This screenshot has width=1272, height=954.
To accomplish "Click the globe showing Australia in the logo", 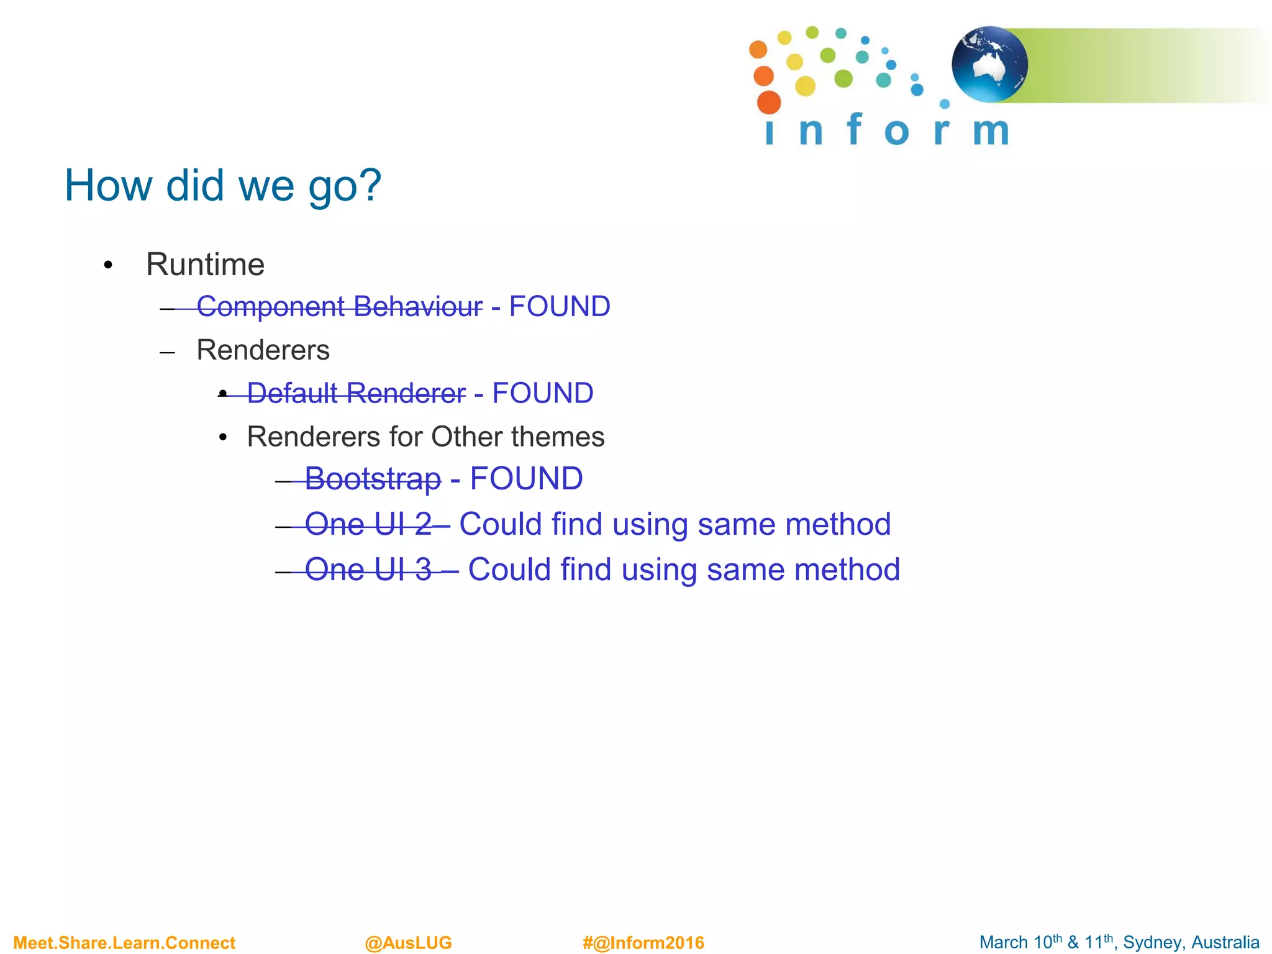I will pos(989,64).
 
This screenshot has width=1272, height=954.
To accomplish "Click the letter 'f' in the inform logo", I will pos(855,129).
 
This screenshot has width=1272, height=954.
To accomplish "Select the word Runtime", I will pos(205,265).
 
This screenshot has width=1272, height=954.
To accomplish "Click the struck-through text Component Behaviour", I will pos(339,307).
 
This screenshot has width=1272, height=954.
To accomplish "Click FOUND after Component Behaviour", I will pos(560,307).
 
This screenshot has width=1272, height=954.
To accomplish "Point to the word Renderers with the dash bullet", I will pos(263,350).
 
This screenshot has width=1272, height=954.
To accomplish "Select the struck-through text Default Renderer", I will pos(356,393).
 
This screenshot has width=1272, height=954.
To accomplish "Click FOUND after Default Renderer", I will pos(542,393).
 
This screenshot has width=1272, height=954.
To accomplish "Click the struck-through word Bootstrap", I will pos(373,479).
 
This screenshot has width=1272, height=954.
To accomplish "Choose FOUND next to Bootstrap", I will pos(526,479).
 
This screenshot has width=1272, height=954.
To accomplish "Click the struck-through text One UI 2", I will pos(368,524).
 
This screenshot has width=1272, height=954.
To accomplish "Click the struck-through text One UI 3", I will pos(368,570).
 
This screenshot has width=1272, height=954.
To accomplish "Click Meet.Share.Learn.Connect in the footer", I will pos(124,943).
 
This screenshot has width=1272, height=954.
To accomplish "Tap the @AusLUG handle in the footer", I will pos(408,943).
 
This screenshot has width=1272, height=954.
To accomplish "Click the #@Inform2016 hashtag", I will pos(643,943).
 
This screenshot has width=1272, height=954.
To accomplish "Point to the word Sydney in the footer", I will pos(1150,943).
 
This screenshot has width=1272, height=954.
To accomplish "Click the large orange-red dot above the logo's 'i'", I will pos(769,102).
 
